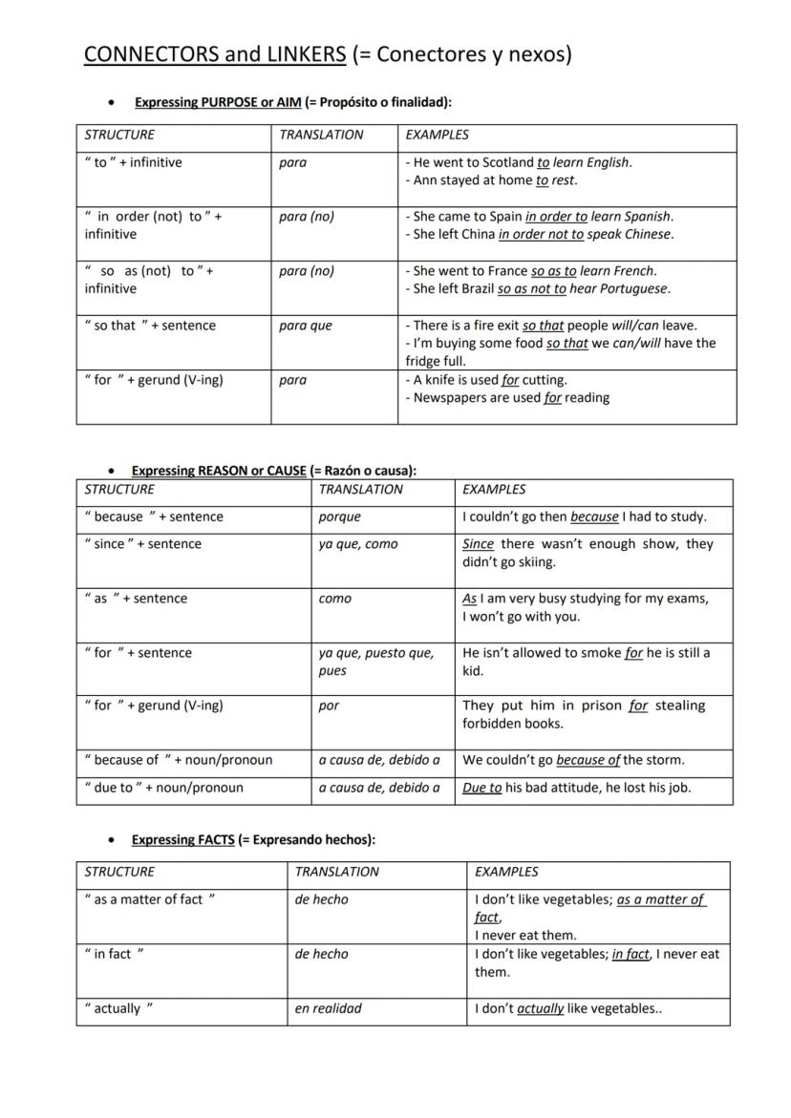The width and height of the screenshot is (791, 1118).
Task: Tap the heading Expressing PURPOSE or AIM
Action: tap(218, 102)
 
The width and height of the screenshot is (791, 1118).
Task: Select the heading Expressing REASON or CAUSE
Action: tap(219, 471)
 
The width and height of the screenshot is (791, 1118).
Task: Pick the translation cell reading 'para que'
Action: tap(306, 326)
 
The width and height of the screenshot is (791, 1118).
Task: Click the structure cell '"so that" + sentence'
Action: tap(150, 326)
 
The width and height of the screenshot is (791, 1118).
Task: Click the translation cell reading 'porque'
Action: tap(340, 517)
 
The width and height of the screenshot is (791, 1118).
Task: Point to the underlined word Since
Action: tap(478, 544)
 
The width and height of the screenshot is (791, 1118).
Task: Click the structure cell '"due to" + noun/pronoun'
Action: tap(163, 789)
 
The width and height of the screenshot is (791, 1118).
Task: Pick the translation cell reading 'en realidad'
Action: tap(328, 1009)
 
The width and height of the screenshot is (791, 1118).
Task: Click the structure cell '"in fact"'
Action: tap(114, 955)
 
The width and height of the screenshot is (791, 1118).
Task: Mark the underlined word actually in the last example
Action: tap(540, 1009)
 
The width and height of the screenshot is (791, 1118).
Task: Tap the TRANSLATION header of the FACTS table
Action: tap(336, 873)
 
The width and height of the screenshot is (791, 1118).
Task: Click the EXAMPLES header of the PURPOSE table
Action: tap(437, 136)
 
